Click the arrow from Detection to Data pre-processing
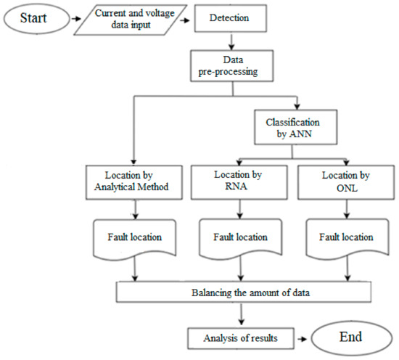[x=230, y=42]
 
